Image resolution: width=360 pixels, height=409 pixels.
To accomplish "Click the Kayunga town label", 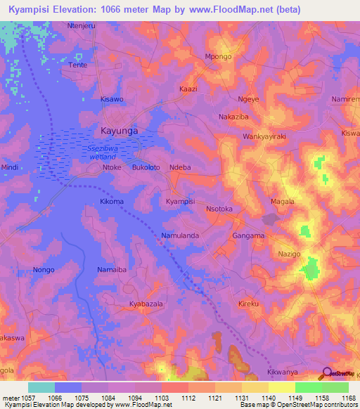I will click(119, 131).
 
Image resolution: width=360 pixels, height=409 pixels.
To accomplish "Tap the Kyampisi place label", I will click(180, 202).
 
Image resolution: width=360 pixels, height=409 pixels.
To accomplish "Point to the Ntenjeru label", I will click(81, 25).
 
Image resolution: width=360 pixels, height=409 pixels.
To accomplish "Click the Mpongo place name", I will click(217, 57).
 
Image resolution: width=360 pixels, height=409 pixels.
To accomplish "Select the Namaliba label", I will click(111, 270).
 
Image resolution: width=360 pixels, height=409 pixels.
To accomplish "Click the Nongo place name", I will click(44, 270).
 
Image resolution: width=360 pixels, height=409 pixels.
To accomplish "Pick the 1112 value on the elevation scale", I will click(188, 398).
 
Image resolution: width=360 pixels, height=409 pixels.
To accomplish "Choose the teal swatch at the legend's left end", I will click(41, 387).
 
